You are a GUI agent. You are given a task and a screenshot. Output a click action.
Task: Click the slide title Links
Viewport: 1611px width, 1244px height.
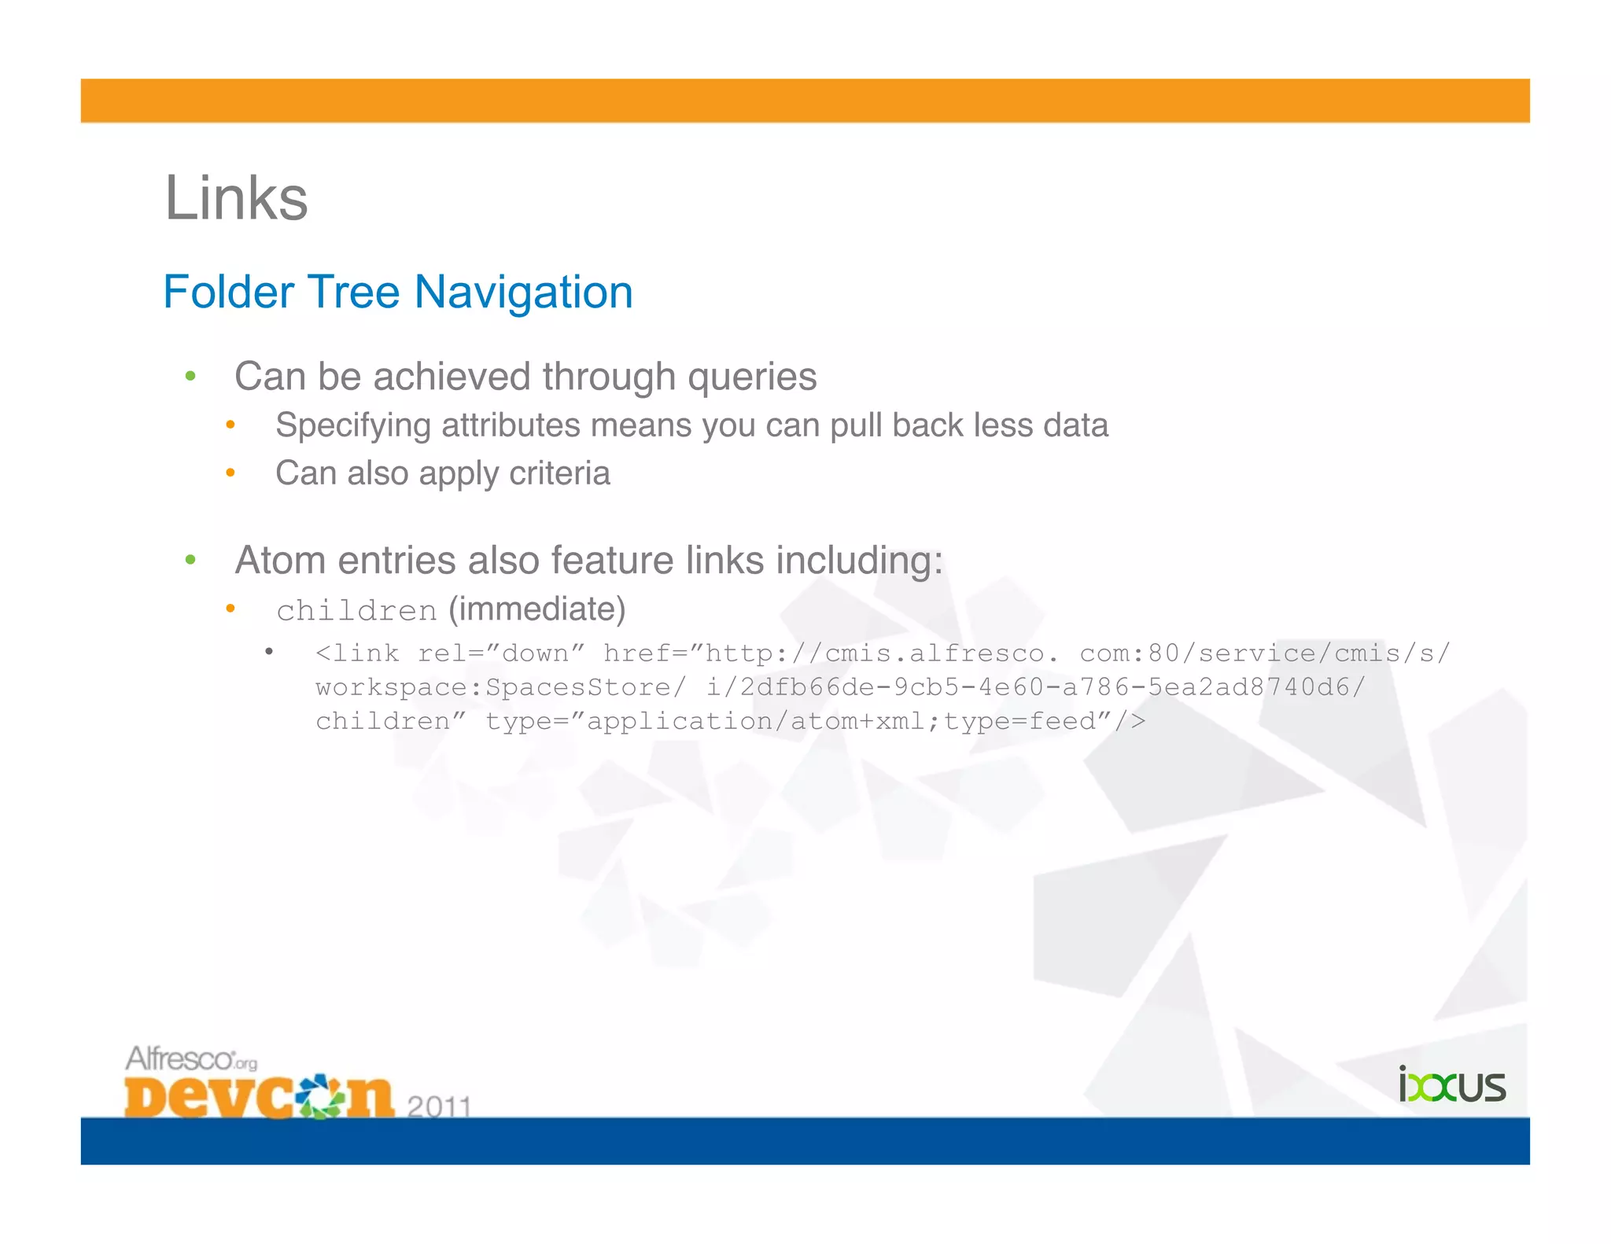coord(236,198)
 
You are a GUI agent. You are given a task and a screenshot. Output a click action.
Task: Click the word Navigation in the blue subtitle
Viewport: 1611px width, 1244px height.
coord(523,293)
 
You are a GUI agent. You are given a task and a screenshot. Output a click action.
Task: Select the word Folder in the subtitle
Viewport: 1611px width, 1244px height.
coord(228,293)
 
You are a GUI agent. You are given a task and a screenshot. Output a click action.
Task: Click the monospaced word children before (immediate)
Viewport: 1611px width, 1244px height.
coord(356,611)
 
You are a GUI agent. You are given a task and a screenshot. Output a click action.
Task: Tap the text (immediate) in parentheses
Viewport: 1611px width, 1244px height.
coord(537,609)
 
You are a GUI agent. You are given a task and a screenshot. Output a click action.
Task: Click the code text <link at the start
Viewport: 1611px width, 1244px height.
coord(358,653)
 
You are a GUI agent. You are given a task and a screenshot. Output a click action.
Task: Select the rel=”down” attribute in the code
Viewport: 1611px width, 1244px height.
coord(501,653)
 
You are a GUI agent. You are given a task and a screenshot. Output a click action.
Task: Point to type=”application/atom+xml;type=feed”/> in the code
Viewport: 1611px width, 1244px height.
coord(815,721)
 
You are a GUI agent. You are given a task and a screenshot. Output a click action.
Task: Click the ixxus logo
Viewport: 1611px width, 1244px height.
coord(1451,1085)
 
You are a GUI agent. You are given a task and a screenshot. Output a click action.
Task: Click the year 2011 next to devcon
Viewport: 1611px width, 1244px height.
coord(439,1106)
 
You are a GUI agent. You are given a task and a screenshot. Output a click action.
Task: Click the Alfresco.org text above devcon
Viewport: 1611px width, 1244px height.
coord(191,1058)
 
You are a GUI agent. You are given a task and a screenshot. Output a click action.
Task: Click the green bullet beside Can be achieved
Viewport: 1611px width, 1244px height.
coord(190,377)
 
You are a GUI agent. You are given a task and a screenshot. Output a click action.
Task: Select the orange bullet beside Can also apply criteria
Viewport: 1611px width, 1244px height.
coord(230,473)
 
